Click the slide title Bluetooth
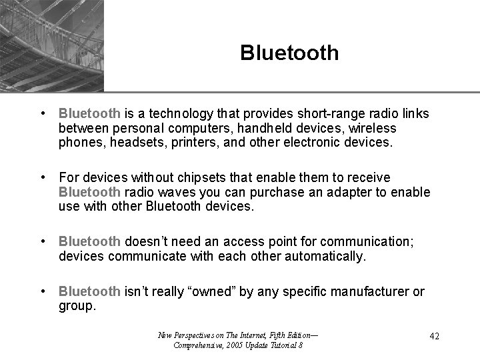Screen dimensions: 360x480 [289, 53]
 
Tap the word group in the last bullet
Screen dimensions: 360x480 [77, 306]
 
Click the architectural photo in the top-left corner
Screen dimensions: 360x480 [52, 45]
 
